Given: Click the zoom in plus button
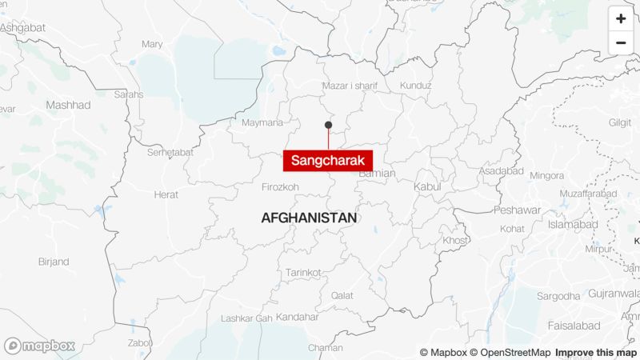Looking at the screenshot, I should (621, 18).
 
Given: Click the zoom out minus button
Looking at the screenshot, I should (621, 43).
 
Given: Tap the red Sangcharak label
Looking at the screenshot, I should (327, 160).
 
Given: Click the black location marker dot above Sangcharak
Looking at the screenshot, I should (328, 125).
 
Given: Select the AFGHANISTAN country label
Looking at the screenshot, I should (309, 218).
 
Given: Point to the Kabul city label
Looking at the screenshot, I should (426, 186).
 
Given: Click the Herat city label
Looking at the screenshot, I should (166, 194).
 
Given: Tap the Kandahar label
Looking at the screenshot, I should (297, 317).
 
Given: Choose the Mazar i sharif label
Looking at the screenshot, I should (350, 86).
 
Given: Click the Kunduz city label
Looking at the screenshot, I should (414, 86).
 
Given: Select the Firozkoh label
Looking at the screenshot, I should (280, 187).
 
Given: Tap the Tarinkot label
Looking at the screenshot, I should (303, 271).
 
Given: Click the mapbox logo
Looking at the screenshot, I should (40, 346).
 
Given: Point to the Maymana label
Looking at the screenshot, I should (262, 122).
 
